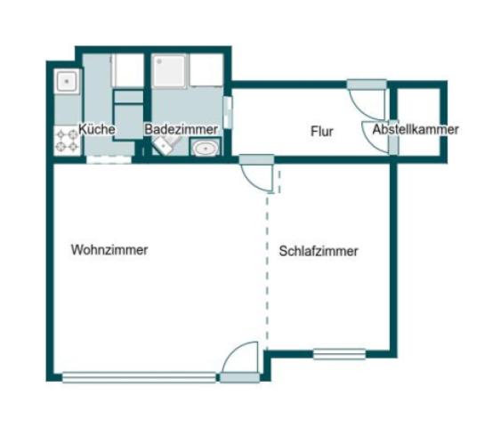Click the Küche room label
pyautogui.click(x=97, y=130)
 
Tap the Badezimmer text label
pyautogui.click(x=181, y=130)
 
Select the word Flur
pyautogui.click(x=321, y=132)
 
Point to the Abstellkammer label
pyautogui.click(x=416, y=130)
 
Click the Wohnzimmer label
pyautogui.click(x=109, y=250)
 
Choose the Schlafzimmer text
pyautogui.click(x=319, y=252)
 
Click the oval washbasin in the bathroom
pyautogui.click(x=206, y=149)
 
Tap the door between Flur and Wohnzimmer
pyautogui.click(x=257, y=173)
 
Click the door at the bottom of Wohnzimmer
pyautogui.click(x=239, y=365)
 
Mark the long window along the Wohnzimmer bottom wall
pyautogui.click(x=139, y=377)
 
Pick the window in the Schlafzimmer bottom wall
pyautogui.click(x=339, y=353)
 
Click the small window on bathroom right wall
pyautogui.click(x=228, y=113)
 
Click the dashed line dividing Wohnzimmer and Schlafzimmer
pyautogui.click(x=268, y=267)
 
